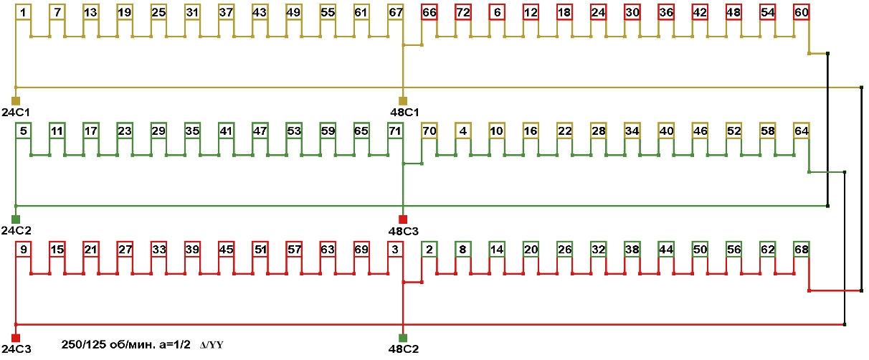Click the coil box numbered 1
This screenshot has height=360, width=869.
(24, 12)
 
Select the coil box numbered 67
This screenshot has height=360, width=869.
(396, 12)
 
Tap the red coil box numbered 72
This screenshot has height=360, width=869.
(463, 12)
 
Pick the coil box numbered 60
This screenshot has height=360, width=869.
(802, 12)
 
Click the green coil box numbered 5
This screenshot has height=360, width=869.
(24, 131)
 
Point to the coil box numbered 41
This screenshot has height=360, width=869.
(227, 131)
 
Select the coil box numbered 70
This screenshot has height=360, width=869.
(429, 131)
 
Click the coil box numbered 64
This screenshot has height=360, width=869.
(802, 131)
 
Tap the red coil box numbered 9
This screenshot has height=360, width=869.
(24, 249)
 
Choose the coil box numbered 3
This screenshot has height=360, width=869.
(396, 249)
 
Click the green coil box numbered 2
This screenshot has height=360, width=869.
(429, 249)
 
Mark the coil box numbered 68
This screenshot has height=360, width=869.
(802, 249)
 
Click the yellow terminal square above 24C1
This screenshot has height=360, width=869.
(16, 100)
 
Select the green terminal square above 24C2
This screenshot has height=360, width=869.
(16, 219)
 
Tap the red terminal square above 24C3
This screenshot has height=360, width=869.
(16, 338)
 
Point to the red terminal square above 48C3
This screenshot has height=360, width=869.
(403, 219)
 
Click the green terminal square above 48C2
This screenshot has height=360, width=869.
(403, 338)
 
